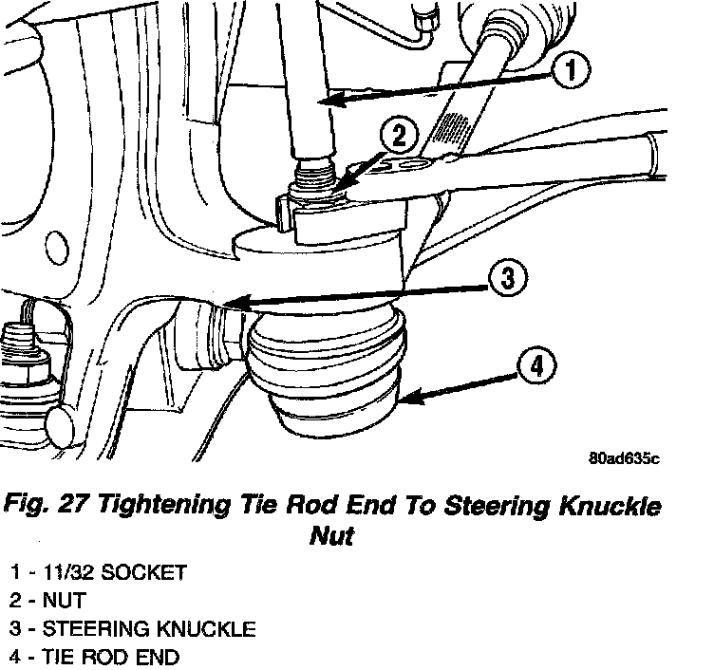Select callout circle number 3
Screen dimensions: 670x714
[x=508, y=278]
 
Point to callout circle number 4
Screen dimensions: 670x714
[x=537, y=365]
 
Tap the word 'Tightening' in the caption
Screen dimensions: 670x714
[x=167, y=505]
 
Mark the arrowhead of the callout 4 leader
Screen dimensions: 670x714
[x=403, y=400]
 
